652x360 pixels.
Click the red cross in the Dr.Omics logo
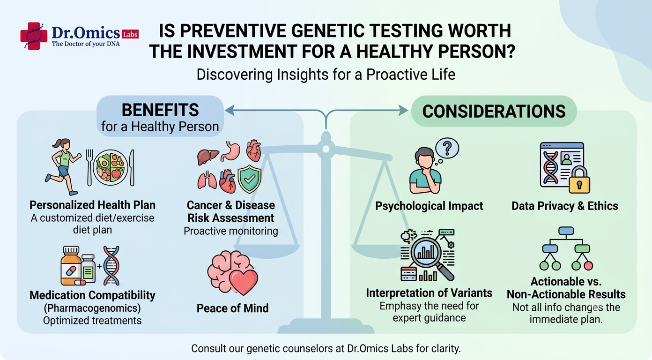click(x=34, y=36)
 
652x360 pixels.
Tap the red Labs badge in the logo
click(x=130, y=34)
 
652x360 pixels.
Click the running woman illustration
click(x=63, y=166)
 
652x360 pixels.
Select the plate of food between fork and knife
click(x=111, y=167)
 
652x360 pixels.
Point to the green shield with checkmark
click(x=250, y=179)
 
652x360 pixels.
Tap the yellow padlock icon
click(x=579, y=180)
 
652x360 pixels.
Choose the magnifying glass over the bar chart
click(x=431, y=258)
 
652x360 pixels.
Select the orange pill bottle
click(x=71, y=266)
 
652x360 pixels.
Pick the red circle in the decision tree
click(x=588, y=266)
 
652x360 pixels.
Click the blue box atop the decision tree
click(x=566, y=231)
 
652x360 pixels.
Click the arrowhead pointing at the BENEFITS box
click(x=230, y=110)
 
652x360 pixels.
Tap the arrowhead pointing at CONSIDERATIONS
click(x=403, y=110)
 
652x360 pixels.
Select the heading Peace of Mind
click(x=233, y=308)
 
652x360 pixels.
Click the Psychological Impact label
click(x=429, y=206)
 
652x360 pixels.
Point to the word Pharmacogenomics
click(x=92, y=308)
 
